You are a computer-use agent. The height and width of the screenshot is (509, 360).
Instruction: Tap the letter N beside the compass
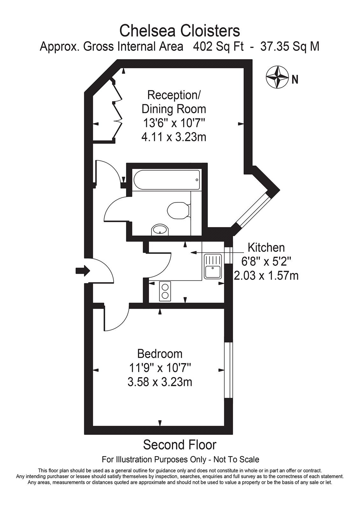(x=295, y=79)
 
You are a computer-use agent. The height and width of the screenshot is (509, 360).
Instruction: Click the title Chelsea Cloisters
(x=180, y=31)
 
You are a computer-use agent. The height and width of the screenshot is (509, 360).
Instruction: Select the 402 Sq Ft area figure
(x=218, y=46)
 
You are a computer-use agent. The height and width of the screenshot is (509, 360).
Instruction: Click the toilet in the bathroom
(x=178, y=210)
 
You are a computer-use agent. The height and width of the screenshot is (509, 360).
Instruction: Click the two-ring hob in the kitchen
(x=165, y=291)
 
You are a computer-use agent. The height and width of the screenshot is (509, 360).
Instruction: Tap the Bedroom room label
(x=160, y=354)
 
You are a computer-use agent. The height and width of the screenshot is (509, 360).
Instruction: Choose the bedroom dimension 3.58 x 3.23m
(x=160, y=381)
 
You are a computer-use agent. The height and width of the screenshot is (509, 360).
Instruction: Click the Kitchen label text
(x=266, y=247)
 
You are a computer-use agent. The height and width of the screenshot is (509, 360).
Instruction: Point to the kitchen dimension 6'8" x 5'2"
(x=266, y=261)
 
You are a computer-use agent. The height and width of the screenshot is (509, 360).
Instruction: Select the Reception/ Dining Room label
(x=174, y=102)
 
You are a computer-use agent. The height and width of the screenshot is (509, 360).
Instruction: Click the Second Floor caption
(x=180, y=445)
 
